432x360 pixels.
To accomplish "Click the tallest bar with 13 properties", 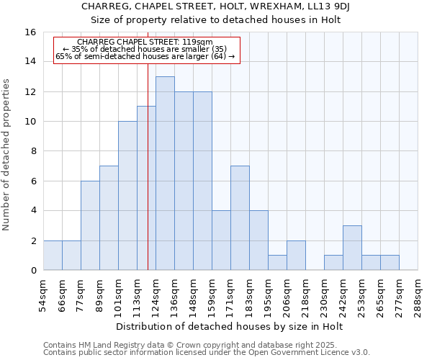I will pyautogui.click(x=165, y=173).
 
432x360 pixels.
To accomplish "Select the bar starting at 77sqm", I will pyautogui.click(x=90, y=225).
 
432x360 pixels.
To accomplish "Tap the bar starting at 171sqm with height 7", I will pyautogui.click(x=240, y=217).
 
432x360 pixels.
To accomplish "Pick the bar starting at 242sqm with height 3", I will pyautogui.click(x=352, y=248).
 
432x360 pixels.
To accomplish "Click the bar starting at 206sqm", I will pyautogui.click(x=296, y=255).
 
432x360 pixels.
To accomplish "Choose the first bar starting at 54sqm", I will pyautogui.click(x=53, y=255).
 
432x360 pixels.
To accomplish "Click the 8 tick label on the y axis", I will pyautogui.click(x=33, y=151).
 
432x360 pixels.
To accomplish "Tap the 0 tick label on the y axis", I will pyautogui.click(x=33, y=271).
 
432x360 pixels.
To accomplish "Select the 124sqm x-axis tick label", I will pyautogui.click(x=156, y=294).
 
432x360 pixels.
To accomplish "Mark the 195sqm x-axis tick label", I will pyautogui.click(x=269, y=294).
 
